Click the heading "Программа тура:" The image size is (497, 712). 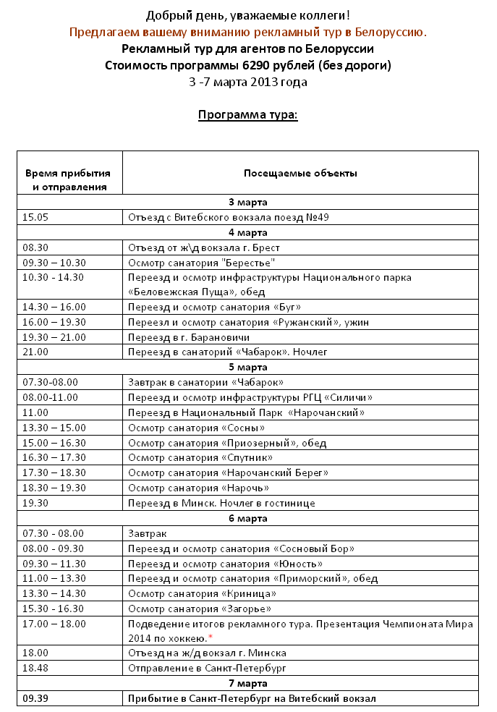(x=247, y=115)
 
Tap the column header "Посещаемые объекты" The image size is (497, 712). (x=300, y=173)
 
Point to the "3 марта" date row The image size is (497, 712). (x=247, y=202)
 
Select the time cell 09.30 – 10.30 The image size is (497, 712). (x=54, y=263)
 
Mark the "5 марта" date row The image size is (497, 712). (x=247, y=367)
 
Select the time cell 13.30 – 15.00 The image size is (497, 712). (x=54, y=428)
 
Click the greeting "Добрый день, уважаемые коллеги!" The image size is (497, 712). (x=247, y=15)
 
